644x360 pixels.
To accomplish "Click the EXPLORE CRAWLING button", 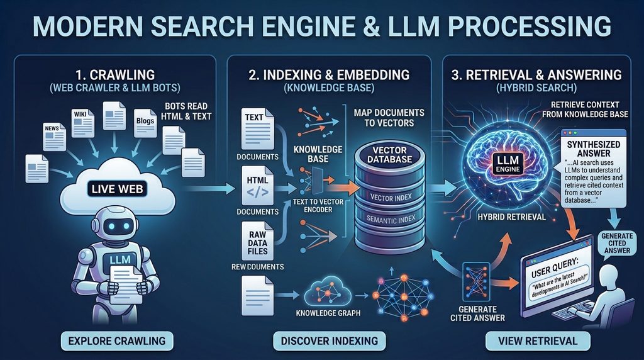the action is [117, 341].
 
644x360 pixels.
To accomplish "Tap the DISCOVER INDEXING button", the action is [330, 341].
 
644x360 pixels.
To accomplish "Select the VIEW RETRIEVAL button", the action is [538, 341].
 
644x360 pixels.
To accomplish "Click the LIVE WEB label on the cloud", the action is [118, 189].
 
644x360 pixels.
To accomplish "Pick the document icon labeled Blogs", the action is [145, 123].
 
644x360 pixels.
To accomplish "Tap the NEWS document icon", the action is [54, 137].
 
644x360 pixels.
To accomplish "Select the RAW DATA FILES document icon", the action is [257, 241].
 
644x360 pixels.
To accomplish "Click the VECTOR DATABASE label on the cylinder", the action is [389, 155].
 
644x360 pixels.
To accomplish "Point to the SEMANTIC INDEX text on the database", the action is [391, 220].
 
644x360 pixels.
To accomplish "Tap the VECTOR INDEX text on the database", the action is [391, 198].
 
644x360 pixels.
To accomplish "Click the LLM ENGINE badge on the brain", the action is [508, 163].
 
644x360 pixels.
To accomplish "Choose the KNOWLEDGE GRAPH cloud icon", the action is [328, 293].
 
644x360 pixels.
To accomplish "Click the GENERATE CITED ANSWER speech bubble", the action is [616, 244].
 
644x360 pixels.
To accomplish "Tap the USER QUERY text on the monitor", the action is [555, 267].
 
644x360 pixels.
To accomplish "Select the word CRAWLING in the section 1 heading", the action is [122, 75].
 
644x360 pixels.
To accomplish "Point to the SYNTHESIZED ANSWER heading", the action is [594, 149].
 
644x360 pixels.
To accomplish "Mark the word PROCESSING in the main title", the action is [530, 26].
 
